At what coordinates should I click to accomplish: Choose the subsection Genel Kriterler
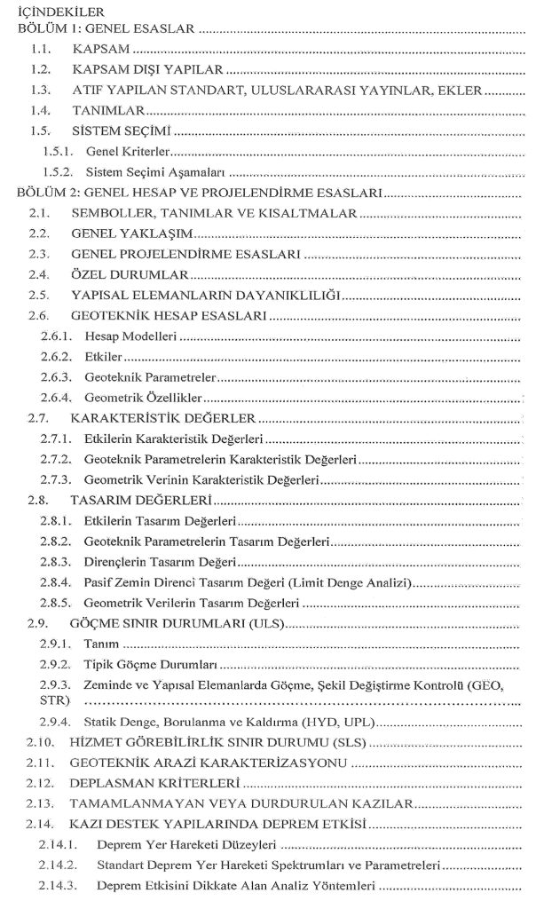coord(128,152)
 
